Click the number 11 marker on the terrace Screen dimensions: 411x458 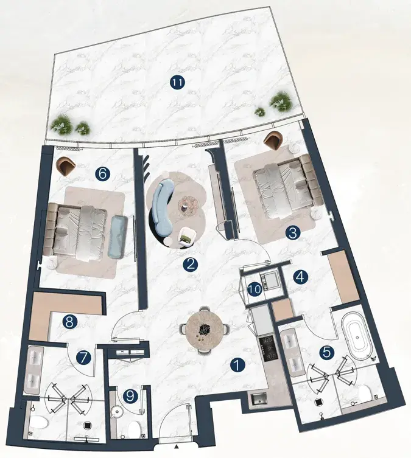click(177, 83)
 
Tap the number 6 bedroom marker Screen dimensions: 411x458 click(103, 175)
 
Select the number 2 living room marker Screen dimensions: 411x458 click(191, 265)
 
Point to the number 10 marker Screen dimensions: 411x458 click(255, 290)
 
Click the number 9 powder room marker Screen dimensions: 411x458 click(130, 396)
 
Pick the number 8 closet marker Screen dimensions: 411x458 click(69, 322)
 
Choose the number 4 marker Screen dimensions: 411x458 click(301, 277)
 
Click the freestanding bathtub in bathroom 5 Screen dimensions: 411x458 click(357, 336)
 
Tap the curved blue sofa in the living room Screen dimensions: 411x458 click(161, 206)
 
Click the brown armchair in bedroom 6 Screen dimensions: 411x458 click(66, 166)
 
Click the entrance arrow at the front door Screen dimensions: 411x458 click(176, 454)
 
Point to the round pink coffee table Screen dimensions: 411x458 click(189, 206)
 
